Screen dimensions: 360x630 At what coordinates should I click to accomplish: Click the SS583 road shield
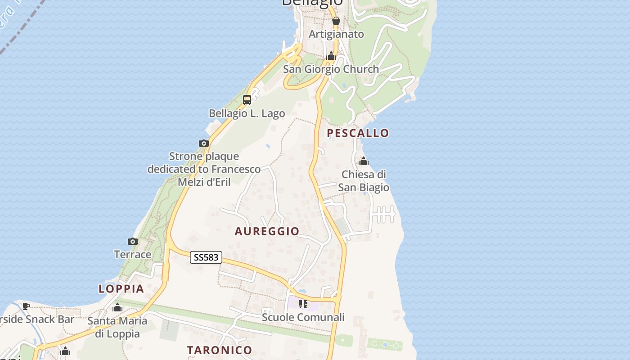point(207,257)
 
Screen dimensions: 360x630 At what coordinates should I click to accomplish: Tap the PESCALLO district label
point(358,133)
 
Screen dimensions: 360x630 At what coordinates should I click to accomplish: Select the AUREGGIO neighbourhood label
point(267,231)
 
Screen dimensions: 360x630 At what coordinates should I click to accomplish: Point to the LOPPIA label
point(121,289)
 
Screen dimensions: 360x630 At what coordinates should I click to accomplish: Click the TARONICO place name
point(220,350)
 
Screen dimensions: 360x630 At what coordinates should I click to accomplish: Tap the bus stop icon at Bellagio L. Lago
point(247,100)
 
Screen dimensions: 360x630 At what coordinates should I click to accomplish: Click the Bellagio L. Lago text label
point(247,113)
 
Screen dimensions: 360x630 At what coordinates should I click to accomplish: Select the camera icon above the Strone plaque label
point(204,143)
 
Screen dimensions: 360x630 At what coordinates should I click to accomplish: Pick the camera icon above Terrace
point(133,242)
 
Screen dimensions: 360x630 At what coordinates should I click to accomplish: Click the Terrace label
point(133,255)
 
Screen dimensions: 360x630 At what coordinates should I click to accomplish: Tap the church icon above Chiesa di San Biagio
point(364,161)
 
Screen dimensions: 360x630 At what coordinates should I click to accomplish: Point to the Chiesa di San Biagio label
point(364,181)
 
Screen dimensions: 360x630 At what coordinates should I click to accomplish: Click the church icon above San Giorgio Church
point(331,56)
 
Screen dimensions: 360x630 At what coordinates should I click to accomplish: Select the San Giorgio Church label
point(331,69)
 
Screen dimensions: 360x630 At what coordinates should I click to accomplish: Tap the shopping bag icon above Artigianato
point(336,21)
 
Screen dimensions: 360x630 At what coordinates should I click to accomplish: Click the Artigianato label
point(336,34)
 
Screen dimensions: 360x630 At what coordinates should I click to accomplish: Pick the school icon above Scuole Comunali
point(303,304)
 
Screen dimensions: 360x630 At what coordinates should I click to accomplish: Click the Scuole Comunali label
point(303,317)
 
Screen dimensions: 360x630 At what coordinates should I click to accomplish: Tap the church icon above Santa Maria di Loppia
point(117,308)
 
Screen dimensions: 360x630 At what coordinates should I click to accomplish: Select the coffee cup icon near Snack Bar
point(27,306)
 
